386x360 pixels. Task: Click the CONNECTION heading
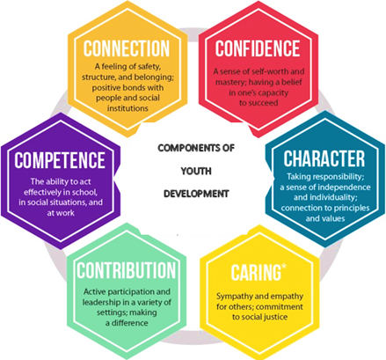(x=127, y=48)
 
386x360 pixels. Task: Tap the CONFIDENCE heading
(x=258, y=48)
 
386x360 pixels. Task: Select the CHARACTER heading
(x=324, y=158)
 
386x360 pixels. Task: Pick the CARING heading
(x=256, y=273)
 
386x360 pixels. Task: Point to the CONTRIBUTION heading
(x=127, y=270)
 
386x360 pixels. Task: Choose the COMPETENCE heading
(x=60, y=160)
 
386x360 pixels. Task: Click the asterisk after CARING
(x=284, y=268)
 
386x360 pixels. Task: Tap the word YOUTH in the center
(x=196, y=171)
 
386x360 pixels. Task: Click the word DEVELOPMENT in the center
(x=196, y=194)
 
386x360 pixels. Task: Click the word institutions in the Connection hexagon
(x=127, y=108)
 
